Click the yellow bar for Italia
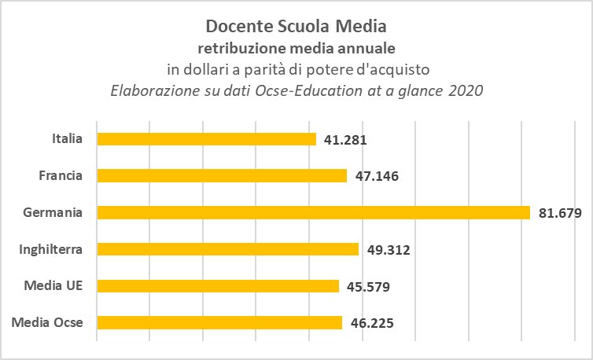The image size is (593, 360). click(207, 139)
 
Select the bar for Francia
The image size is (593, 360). click(222, 176)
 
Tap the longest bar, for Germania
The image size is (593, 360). click(314, 212)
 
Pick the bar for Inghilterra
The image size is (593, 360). click(227, 249)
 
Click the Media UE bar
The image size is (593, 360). click(218, 286)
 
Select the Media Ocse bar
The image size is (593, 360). click(219, 322)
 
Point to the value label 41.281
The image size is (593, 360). click(345, 140)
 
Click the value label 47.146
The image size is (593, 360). click(377, 176)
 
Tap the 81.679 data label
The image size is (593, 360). click(560, 213)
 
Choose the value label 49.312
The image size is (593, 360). click(389, 250)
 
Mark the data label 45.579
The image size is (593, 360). click(368, 287)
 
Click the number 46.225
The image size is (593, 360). click(372, 323)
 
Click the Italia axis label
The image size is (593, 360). click(68, 138)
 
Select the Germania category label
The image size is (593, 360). click(53, 212)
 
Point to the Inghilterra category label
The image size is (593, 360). click(50, 249)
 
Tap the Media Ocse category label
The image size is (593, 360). click(47, 322)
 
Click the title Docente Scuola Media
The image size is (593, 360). click(296, 27)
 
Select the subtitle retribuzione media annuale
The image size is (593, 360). click(296, 49)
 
